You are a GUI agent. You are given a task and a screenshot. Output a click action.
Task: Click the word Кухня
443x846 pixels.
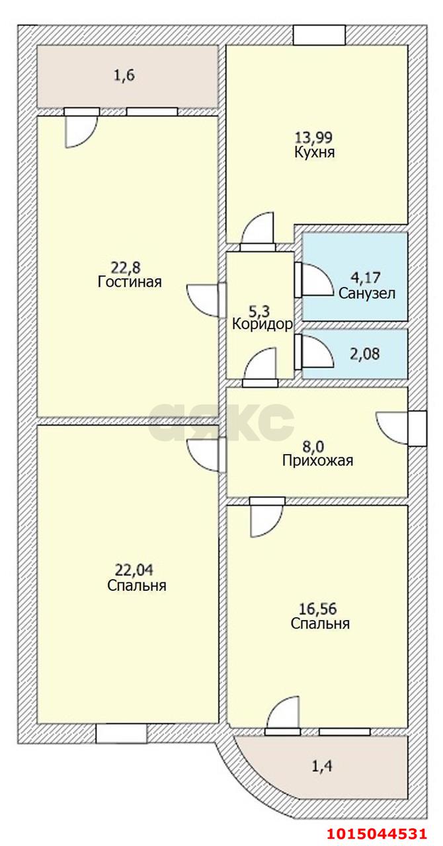pyautogui.click(x=315, y=153)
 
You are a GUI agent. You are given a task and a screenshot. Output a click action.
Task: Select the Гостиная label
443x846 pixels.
pyautogui.click(x=130, y=282)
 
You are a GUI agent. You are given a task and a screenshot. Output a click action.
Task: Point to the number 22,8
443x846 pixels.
pyautogui.click(x=126, y=268)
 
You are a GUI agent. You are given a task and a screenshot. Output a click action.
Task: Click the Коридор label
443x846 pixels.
pyautogui.click(x=262, y=324)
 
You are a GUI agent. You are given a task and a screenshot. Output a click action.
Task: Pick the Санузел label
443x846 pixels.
pyautogui.click(x=367, y=293)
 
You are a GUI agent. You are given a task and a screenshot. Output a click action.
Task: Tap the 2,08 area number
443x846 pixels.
pyautogui.click(x=365, y=354)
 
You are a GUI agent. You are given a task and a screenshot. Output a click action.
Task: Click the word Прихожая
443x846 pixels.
pyautogui.click(x=318, y=461)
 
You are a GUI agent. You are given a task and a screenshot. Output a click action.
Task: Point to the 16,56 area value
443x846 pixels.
pyautogui.click(x=318, y=609)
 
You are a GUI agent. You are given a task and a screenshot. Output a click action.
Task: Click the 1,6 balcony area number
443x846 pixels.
pyautogui.click(x=124, y=76)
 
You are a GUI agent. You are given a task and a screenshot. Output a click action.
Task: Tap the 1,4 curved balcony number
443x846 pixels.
pyautogui.click(x=322, y=766)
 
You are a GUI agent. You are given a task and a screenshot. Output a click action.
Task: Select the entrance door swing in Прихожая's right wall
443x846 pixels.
pyautogui.click(x=391, y=428)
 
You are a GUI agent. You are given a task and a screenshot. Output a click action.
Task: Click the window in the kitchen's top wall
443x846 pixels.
pyautogui.click(x=320, y=35)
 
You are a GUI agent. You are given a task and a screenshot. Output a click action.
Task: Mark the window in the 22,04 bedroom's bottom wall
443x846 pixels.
pyautogui.click(x=121, y=733)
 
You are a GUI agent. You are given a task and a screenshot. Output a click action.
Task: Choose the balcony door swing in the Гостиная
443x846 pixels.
pyautogui.click(x=81, y=132)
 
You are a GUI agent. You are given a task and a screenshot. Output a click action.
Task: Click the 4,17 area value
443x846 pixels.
pyautogui.click(x=366, y=278)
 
